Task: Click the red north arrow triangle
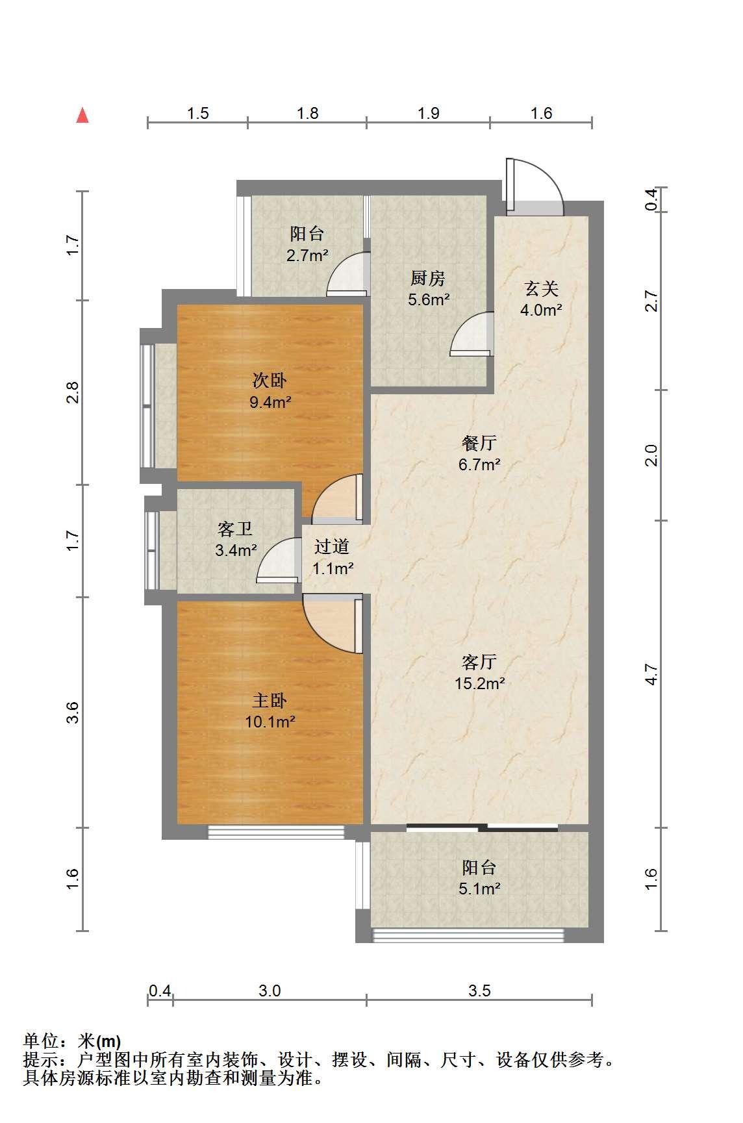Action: [82, 116]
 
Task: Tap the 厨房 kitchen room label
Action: [428, 279]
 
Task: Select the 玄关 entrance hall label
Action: [541, 288]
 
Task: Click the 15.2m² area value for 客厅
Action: [480, 683]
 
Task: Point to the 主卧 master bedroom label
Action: [270, 700]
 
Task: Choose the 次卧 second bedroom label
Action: [270, 380]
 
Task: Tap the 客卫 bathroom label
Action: [235, 529]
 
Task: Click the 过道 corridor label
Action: [332, 547]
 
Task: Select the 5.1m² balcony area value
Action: [480, 889]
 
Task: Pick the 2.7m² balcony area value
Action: [307, 255]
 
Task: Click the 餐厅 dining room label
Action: [480, 444]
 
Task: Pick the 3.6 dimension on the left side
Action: [73, 713]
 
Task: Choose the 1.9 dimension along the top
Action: [429, 114]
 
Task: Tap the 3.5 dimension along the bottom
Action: [479, 991]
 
